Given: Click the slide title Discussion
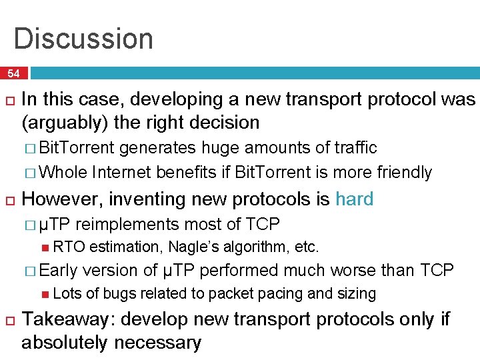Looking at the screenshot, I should pyautogui.click(x=83, y=38).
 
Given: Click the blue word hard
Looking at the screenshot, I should pyautogui.click(x=354, y=199).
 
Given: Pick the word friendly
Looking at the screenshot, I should pyautogui.click(x=401, y=172).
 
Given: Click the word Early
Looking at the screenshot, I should pyautogui.click(x=59, y=270).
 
